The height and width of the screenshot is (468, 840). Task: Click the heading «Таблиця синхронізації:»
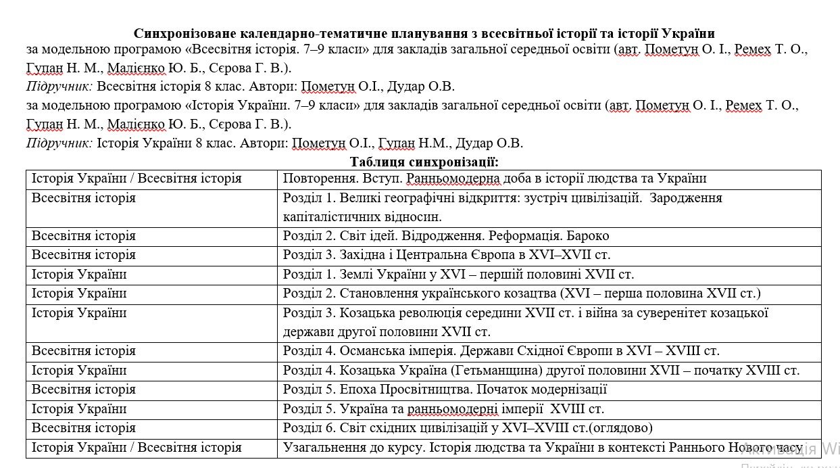424,162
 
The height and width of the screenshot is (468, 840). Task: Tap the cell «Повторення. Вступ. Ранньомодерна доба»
495,179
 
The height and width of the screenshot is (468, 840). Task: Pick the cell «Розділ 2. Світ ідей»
446,236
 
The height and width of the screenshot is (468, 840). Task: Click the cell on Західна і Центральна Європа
447,255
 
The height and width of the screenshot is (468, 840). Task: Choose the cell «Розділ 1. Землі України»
458,275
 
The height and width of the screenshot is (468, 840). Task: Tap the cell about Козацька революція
525,322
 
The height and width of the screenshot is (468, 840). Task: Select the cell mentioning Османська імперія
501,351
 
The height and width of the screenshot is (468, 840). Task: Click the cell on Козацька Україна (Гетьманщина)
541,371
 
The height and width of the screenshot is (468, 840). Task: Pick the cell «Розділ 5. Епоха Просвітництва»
445,390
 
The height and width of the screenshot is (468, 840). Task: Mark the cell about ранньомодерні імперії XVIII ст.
443,409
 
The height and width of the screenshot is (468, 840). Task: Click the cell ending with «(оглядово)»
468,428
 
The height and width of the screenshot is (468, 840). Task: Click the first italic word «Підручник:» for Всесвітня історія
59,87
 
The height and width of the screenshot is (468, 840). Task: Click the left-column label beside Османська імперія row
84,351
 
